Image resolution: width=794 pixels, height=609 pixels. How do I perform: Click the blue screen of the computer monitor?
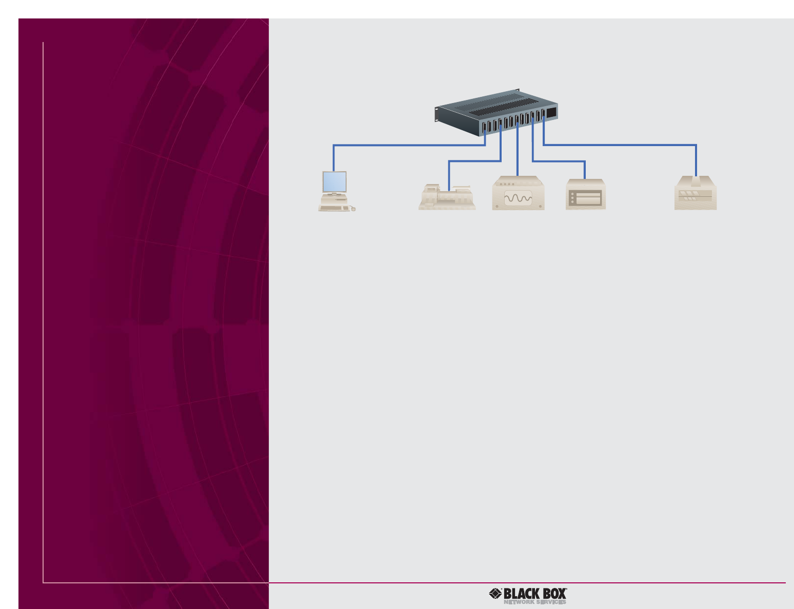tap(334, 181)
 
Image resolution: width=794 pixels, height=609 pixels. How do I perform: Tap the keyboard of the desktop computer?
tap(334, 208)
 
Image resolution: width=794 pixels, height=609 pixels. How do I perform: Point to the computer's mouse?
tap(353, 209)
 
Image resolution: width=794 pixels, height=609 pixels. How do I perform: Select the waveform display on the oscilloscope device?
tap(518, 198)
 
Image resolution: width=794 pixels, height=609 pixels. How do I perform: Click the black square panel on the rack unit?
tap(551, 113)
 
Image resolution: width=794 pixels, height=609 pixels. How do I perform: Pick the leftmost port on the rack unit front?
tap(484, 126)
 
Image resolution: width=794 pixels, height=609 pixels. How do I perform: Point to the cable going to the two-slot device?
tap(559, 161)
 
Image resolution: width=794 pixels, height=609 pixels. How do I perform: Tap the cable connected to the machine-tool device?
tap(472, 161)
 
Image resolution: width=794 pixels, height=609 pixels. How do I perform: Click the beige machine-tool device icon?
tap(446, 198)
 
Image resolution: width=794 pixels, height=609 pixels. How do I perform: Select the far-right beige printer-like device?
tap(695, 194)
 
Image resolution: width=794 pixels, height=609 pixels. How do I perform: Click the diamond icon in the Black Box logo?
tap(495, 594)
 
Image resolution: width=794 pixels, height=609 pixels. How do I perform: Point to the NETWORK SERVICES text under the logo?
tap(534, 602)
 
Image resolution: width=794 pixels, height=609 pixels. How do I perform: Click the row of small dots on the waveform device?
tap(507, 185)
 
